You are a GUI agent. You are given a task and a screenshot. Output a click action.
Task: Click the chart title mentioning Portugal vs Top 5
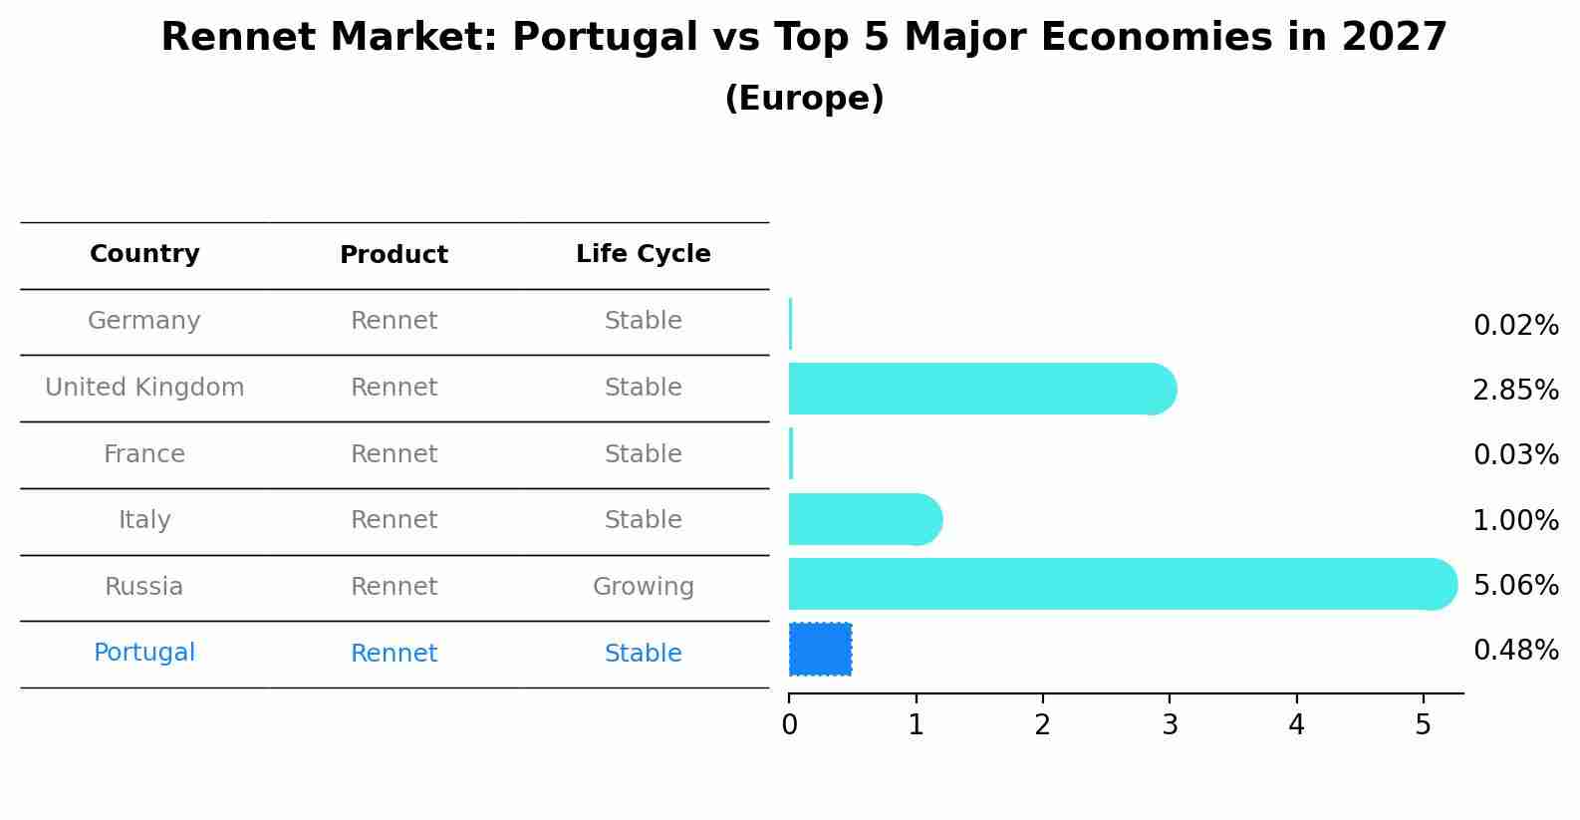click(x=803, y=38)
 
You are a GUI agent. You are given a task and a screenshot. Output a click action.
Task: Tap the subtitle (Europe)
click(x=803, y=99)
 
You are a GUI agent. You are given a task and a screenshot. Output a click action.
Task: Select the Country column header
click(x=144, y=254)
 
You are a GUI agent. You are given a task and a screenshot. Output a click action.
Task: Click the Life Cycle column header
click(x=643, y=254)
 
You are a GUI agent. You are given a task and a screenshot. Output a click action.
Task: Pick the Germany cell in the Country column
click(x=144, y=321)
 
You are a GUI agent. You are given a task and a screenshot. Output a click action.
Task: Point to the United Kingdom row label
click(x=144, y=388)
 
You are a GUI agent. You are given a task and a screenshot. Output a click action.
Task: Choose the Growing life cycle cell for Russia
click(x=643, y=587)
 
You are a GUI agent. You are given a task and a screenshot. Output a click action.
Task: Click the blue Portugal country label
click(x=144, y=653)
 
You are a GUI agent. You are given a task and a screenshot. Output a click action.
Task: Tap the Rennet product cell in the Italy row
click(x=394, y=520)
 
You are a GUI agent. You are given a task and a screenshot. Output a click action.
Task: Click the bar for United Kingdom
click(x=976, y=389)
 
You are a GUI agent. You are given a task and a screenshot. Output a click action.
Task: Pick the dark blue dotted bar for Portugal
click(x=820, y=649)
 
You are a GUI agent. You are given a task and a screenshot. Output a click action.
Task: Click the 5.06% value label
click(x=1515, y=585)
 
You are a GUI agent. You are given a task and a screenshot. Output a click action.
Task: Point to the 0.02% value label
click(x=1515, y=326)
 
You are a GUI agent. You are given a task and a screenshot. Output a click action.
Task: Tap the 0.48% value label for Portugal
click(x=1515, y=651)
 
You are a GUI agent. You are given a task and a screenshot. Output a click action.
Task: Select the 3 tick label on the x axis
click(x=1170, y=725)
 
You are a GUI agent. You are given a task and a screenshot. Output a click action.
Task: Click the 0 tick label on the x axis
click(x=789, y=725)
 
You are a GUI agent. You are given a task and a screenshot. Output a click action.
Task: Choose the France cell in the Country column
click(x=144, y=454)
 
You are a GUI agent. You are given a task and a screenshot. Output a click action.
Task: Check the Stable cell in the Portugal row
click(x=643, y=654)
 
